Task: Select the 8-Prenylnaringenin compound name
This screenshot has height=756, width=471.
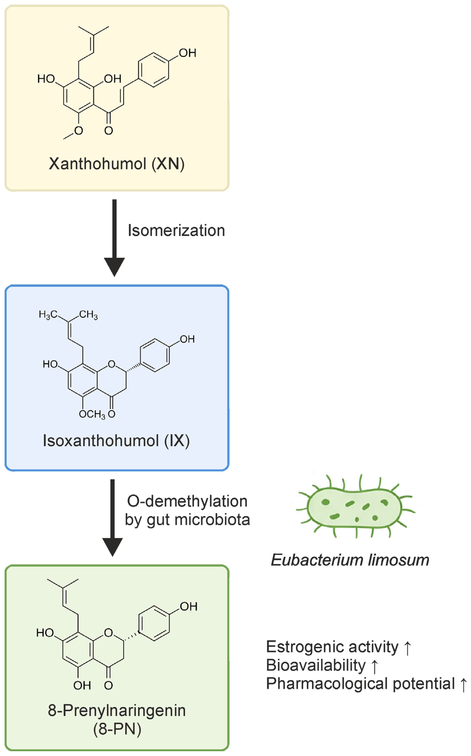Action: click(117, 711)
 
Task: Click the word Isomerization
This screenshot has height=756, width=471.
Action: click(176, 230)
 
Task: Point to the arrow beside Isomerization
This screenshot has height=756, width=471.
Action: click(114, 238)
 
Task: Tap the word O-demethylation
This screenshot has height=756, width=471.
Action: click(187, 501)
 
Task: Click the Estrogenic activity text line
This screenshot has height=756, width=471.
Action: click(339, 647)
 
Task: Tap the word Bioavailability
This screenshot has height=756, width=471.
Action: click(316, 666)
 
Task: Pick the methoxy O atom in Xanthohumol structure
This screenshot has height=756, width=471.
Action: click(78, 131)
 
